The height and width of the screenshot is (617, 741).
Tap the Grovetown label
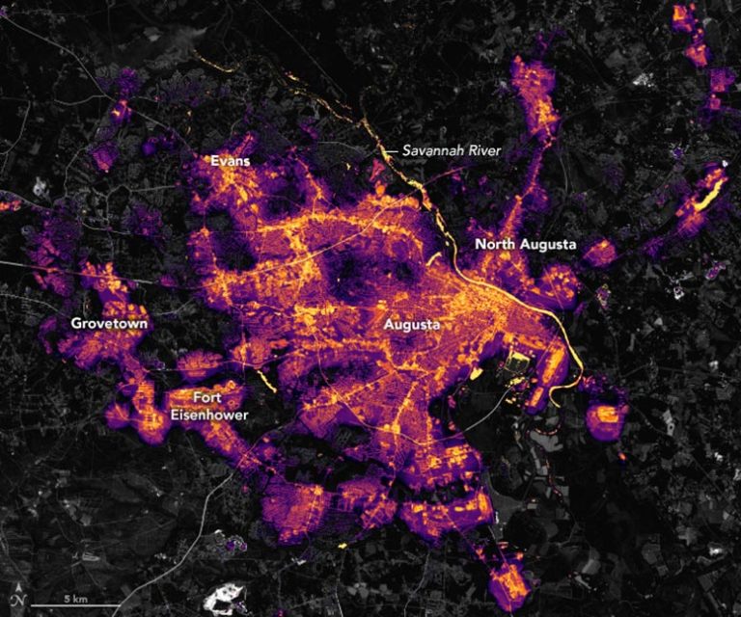109,324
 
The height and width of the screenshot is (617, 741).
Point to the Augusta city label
412,324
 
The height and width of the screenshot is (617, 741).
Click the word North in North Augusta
494,245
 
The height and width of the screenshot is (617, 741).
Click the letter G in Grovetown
76,324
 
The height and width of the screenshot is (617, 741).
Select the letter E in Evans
214,161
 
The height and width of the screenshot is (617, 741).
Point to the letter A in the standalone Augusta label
389,324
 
